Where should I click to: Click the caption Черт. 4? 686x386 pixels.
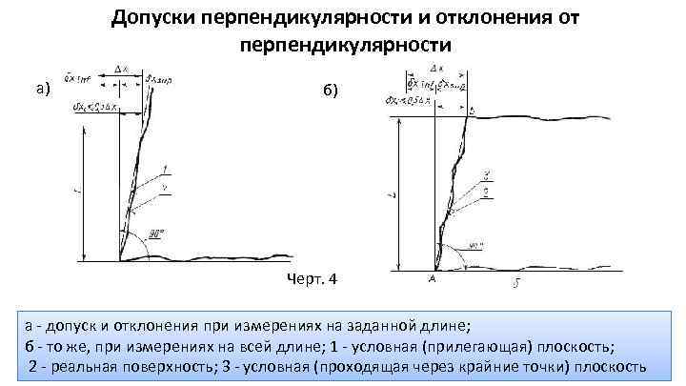[x=312, y=280]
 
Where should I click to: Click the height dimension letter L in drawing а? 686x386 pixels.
[x=76, y=192]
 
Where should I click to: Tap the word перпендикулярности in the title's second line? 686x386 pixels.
[x=343, y=44]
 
